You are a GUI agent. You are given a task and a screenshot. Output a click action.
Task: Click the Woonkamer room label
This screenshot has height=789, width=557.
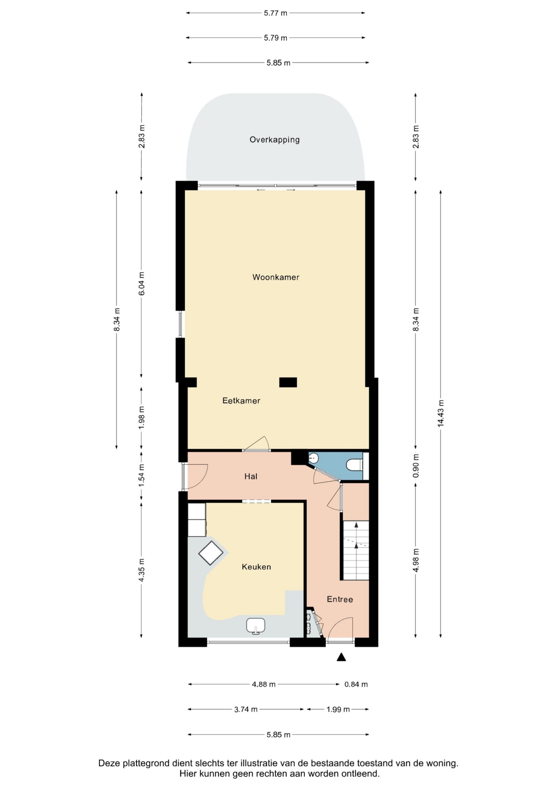[x=276, y=277]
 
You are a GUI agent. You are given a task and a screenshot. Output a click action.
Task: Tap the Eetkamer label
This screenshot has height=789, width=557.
[x=241, y=401]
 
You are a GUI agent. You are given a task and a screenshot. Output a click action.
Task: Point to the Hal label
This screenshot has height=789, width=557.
[x=251, y=476]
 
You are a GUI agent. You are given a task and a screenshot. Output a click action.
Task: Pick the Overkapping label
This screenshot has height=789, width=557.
[x=275, y=140]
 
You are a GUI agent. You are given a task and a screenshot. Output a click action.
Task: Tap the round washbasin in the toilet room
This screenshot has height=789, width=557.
[x=313, y=458]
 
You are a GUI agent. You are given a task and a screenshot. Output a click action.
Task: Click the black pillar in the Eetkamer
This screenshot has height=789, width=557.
[x=288, y=382]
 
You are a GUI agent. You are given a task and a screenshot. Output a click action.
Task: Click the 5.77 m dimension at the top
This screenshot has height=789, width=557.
[x=276, y=13]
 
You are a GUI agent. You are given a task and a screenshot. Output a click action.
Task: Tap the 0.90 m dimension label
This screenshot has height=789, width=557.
[x=416, y=466]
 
